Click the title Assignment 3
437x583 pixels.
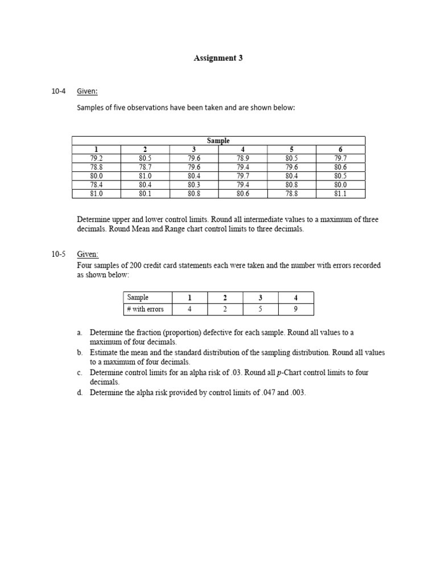pos(218,58)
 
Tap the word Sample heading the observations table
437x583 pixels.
pos(218,141)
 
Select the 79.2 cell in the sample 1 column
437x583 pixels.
pos(96,158)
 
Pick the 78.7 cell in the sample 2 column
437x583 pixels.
pos(145,167)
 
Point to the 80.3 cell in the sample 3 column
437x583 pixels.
pos(194,184)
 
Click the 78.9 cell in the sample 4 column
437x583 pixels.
pos(243,158)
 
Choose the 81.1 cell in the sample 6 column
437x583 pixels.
pos(340,194)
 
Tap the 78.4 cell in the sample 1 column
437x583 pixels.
pos(96,184)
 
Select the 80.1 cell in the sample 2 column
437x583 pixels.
pos(145,194)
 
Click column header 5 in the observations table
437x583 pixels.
pos(291,150)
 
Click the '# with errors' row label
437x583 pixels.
pos(146,309)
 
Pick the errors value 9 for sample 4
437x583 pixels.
pos(295,309)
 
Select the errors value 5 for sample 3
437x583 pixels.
pos(260,309)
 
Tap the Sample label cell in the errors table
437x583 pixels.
pos(138,297)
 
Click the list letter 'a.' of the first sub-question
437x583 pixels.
pos(80,332)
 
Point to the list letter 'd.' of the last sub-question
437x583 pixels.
pos(80,393)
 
